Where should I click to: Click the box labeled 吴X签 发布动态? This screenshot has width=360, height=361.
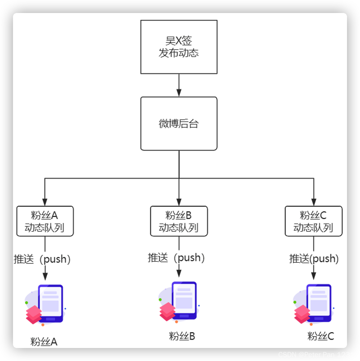click(x=179, y=47)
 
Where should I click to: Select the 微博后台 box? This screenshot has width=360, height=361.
click(x=179, y=123)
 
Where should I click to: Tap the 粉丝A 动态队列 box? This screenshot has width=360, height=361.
click(x=45, y=221)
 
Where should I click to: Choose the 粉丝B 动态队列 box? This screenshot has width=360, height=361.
click(x=179, y=221)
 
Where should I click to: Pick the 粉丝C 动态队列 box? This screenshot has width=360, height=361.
click(x=313, y=221)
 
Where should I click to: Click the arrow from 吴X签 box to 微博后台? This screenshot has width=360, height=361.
click(x=179, y=85)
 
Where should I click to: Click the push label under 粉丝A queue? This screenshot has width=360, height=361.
click(x=42, y=259)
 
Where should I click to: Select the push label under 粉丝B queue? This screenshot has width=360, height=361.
click(x=176, y=258)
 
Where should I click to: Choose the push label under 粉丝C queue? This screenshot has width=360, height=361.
click(x=314, y=259)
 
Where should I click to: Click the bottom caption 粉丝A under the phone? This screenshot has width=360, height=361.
click(x=44, y=342)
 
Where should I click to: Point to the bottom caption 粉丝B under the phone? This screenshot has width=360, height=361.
click(x=182, y=336)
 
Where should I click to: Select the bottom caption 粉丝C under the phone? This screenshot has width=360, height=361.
click(x=321, y=336)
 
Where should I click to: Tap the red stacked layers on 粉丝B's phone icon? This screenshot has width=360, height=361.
click(x=167, y=312)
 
